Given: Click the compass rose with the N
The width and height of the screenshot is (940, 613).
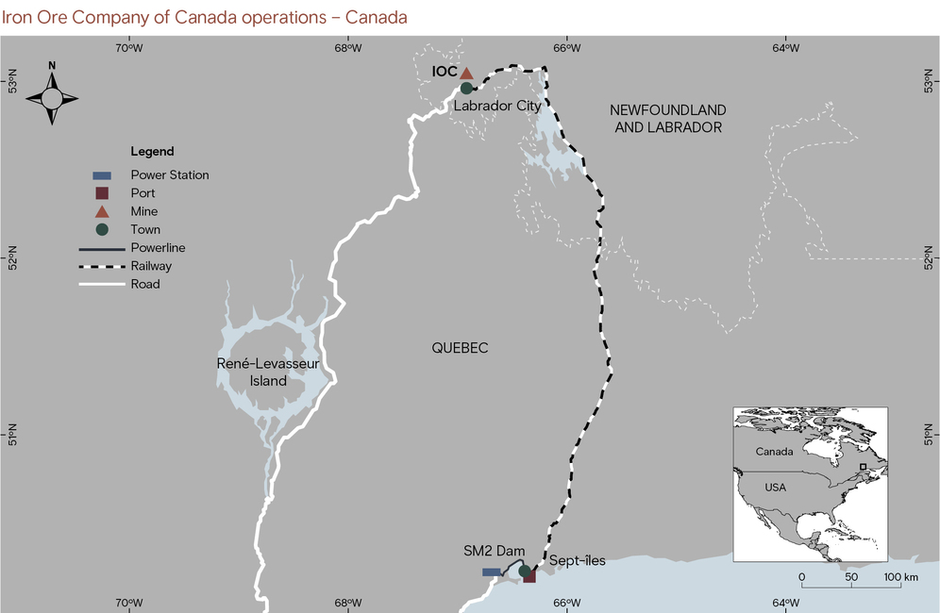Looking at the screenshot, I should pos(52,98).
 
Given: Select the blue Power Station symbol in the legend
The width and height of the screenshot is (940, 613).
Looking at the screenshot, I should pos(102,175).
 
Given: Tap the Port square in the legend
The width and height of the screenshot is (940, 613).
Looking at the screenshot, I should pos(102,193).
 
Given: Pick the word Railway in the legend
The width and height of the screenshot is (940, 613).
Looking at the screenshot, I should pos(151,266).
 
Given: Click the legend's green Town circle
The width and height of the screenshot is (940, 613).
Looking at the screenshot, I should pos(102,229).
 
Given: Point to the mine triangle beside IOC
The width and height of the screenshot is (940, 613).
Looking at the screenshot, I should pos(466,73).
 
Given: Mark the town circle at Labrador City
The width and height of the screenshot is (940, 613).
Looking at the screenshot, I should pos(466,89).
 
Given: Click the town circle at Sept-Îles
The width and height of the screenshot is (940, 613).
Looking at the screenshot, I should pos(524,571).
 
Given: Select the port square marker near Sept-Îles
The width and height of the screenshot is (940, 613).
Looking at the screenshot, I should pos(529,576).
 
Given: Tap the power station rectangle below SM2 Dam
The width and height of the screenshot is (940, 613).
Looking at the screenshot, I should pos(492,572).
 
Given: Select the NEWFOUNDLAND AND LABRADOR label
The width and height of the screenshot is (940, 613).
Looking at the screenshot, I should pos(669,118).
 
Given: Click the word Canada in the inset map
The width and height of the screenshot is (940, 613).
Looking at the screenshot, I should pos(774,451).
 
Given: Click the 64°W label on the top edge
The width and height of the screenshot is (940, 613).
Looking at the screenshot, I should pos(785,49).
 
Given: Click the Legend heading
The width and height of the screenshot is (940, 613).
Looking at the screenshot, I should pos(152,151).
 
